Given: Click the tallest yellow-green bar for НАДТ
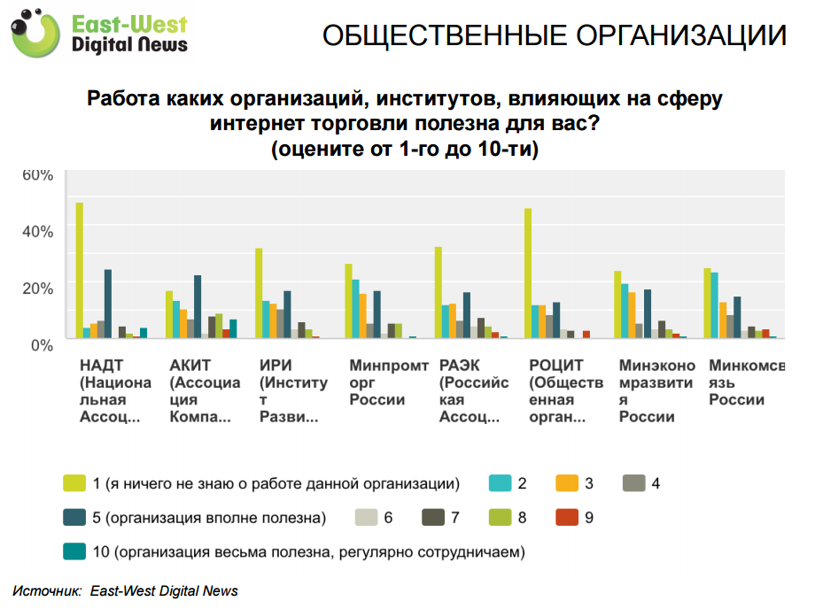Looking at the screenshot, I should coord(79,271).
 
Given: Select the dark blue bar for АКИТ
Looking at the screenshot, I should coord(198,307).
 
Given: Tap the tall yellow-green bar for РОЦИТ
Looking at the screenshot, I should coord(528,274).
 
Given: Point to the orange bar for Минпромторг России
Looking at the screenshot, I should coord(362,316).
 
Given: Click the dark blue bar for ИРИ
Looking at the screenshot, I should coord(287,314).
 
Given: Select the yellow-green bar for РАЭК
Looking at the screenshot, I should coord(438,293).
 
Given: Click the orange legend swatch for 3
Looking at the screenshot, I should coord(567,483).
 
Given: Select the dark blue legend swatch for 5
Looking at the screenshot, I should coord(74,517).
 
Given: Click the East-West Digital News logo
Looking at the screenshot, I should coord(103,34).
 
